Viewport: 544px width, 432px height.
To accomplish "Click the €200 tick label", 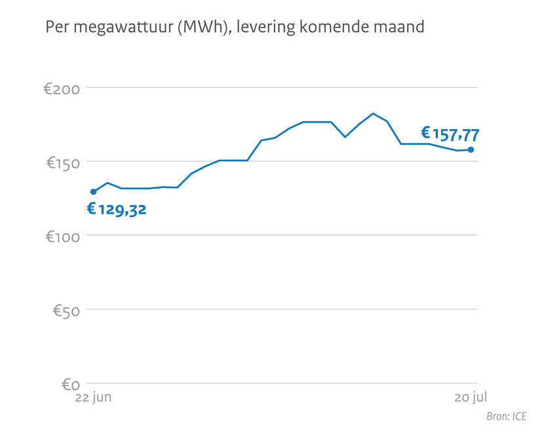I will [x=62, y=88].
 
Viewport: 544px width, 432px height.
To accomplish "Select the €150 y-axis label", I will [x=62, y=162].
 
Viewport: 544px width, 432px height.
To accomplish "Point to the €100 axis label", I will [x=62, y=235].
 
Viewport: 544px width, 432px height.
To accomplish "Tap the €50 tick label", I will [x=66, y=309].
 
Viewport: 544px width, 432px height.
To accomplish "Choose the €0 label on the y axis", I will [x=70, y=383].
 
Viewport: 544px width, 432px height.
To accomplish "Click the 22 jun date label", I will [x=93, y=397].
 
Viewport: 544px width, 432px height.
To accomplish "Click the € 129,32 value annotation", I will [x=117, y=210].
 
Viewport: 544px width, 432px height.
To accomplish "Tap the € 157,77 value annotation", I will [x=450, y=135].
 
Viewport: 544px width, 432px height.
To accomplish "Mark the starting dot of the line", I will [x=93, y=191].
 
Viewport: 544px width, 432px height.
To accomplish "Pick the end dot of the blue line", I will [x=471, y=150].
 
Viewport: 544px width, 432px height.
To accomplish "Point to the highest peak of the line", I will [x=373, y=113].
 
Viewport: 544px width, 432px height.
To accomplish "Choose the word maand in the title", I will [x=402, y=28].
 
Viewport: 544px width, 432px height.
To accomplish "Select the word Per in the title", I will [x=55, y=28].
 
